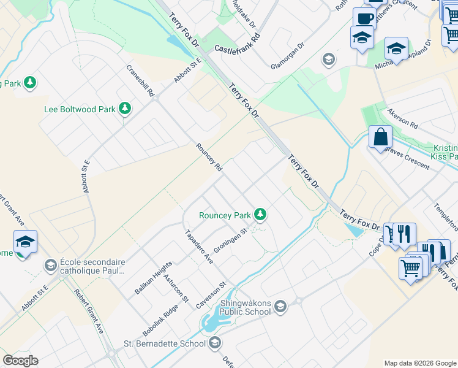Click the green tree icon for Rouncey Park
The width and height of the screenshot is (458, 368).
coord(261,214)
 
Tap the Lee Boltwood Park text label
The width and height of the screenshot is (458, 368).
coord(80,110)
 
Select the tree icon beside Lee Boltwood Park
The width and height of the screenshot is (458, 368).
coord(125,109)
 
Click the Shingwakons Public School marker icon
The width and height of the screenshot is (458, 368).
coord(280,306)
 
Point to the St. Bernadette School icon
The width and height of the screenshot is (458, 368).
coord(214,343)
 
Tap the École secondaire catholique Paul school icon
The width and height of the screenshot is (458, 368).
coord(50,265)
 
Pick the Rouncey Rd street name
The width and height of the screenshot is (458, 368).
coord(209,157)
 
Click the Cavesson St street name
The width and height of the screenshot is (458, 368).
coord(211,295)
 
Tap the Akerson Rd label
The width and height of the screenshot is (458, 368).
coord(402,118)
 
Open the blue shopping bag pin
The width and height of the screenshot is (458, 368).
coord(380,136)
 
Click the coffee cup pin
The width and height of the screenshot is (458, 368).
coord(364,18)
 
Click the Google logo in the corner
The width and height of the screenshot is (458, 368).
coord(20,361)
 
